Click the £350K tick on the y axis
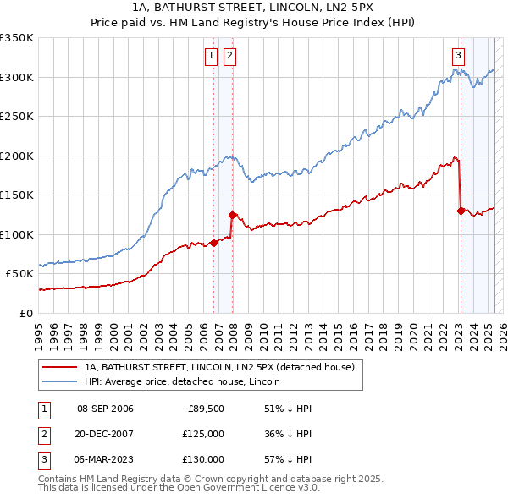[x=17, y=38]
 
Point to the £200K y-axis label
[x=17, y=156]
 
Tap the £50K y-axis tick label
[x=19, y=274]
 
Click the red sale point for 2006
[x=213, y=243]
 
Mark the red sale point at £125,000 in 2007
[x=233, y=215]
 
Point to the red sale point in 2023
[x=461, y=211]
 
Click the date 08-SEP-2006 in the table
[x=105, y=409]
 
